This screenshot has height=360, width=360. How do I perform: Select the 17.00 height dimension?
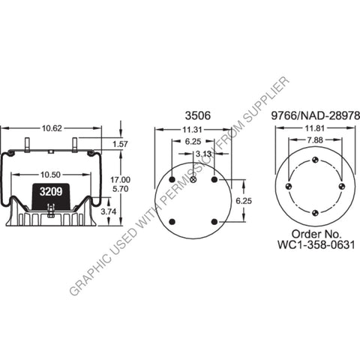click(120, 180)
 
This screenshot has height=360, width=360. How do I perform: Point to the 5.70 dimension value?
click(120, 190)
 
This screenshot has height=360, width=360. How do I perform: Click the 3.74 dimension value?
click(109, 213)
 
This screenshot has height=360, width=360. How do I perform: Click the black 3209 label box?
click(50, 192)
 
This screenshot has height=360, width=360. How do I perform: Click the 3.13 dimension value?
click(203, 154)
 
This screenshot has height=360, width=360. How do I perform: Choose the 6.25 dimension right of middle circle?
click(254, 201)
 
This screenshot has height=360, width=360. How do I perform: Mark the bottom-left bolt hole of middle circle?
click(172, 221)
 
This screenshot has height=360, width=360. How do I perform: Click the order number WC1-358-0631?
click(313, 243)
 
